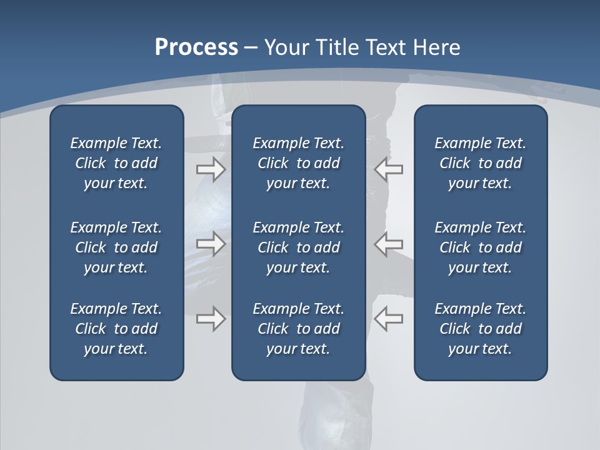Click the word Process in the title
196,47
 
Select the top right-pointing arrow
211,169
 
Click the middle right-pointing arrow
211,243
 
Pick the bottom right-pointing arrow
211,319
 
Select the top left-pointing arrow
389,169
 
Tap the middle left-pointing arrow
389,243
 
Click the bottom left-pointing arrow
389,319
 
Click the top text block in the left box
116,163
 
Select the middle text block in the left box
116,247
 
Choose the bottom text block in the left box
116,329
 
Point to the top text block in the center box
298,163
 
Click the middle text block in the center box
298,247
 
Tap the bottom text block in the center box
298,329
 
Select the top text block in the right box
480,163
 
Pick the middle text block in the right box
480,247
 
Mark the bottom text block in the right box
480,329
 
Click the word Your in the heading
286,47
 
